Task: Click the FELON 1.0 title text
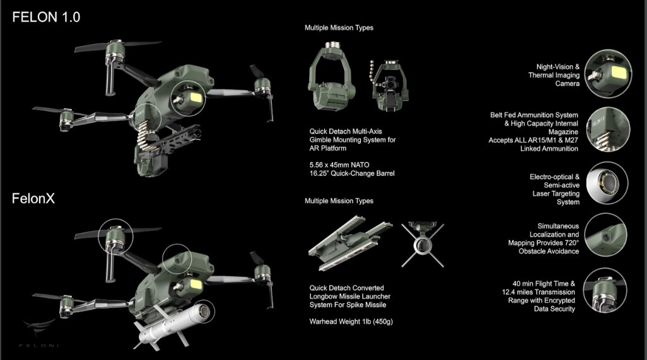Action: (x=46, y=17)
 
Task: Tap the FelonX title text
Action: (x=33, y=199)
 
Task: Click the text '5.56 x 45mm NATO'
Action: (x=339, y=165)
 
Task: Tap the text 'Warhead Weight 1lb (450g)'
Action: (x=351, y=322)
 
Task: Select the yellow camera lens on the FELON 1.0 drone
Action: (x=195, y=98)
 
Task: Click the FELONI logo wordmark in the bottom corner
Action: (x=39, y=345)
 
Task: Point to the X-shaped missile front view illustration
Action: (x=423, y=244)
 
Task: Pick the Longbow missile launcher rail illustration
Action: (x=350, y=243)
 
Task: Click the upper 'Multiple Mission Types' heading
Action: (x=339, y=28)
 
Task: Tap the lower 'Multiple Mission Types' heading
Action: (x=339, y=201)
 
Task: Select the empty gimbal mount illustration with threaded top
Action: (x=331, y=76)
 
